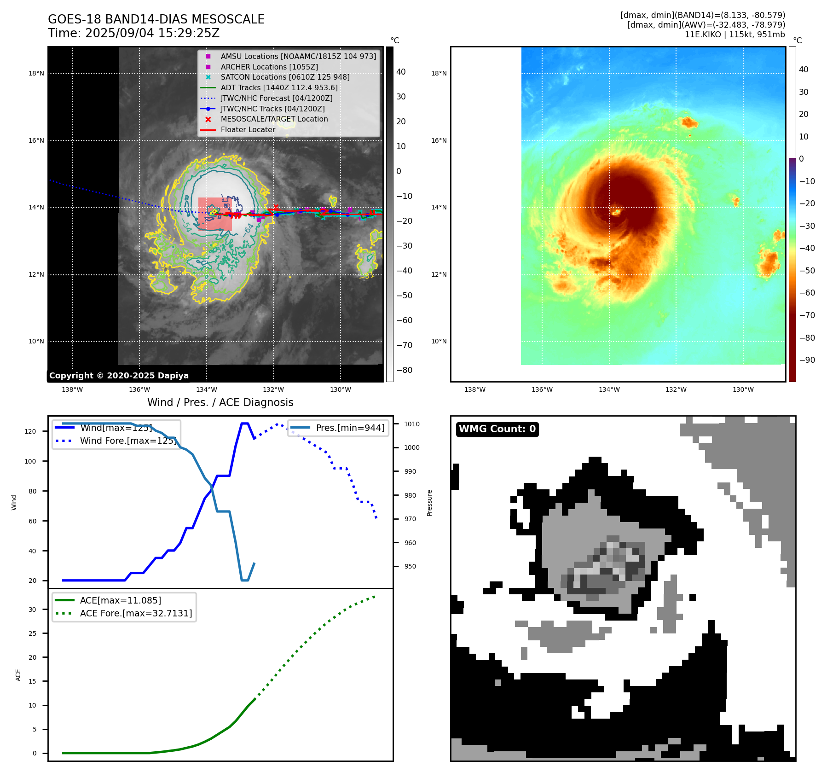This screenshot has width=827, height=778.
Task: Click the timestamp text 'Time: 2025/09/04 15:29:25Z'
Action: point(133,34)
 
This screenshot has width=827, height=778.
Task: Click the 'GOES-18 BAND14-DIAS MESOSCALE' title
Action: point(156,19)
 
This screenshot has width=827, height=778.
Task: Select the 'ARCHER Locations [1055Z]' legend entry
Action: point(269,67)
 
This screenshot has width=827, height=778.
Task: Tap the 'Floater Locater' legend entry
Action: point(248,129)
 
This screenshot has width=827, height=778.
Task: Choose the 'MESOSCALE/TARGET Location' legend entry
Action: point(274,119)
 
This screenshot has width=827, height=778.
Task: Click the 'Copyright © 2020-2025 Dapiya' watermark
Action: point(119,376)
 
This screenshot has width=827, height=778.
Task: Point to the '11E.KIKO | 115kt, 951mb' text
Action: point(734,35)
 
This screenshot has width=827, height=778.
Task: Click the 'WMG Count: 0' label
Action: point(497,429)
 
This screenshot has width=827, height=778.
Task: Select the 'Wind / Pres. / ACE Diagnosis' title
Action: point(220,402)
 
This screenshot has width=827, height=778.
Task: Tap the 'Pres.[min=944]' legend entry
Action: point(350,428)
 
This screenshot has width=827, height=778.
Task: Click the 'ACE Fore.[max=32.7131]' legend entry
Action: point(136,613)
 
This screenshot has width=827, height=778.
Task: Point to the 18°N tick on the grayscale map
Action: point(36,73)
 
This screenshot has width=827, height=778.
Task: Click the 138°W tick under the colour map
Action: point(474,389)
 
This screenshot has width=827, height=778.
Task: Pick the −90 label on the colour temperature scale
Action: point(807,360)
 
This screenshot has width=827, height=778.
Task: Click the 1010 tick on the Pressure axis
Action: point(412,424)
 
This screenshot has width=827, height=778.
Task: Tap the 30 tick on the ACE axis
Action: point(32,610)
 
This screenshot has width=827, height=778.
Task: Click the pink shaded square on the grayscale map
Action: point(215,214)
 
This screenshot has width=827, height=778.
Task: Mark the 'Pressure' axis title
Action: point(429,503)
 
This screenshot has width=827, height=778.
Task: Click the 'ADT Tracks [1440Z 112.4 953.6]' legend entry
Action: point(279,87)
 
